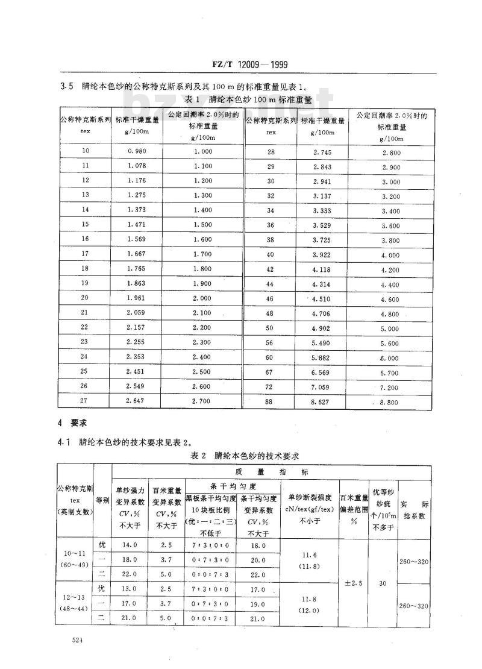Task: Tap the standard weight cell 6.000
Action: (391, 359)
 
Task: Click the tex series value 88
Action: (271, 403)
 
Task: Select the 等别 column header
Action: (102, 500)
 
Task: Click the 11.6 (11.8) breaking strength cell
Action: (310, 561)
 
